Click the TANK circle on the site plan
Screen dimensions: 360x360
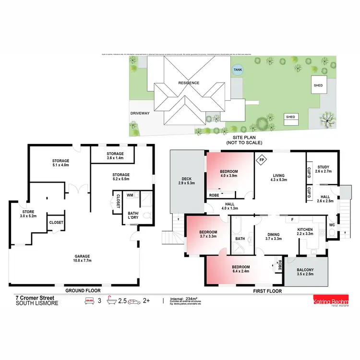[x=238, y=70]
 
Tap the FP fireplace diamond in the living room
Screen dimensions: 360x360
[x=262, y=160]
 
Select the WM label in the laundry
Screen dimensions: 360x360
[x=130, y=195]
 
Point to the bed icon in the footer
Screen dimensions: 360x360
[x=89, y=301]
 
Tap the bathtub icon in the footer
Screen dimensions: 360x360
[x=111, y=301]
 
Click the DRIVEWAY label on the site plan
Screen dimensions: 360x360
[x=140, y=113]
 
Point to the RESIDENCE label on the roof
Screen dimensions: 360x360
[x=189, y=83]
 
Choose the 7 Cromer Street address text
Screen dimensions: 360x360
[x=34, y=298]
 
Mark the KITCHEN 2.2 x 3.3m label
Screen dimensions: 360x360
[x=305, y=232]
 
